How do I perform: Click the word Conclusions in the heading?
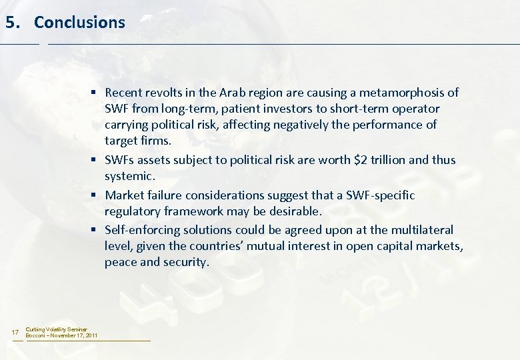79,22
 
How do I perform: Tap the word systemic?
129,176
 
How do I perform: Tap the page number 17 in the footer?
16,333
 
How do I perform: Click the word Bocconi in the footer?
37,335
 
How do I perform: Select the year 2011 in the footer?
91,335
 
